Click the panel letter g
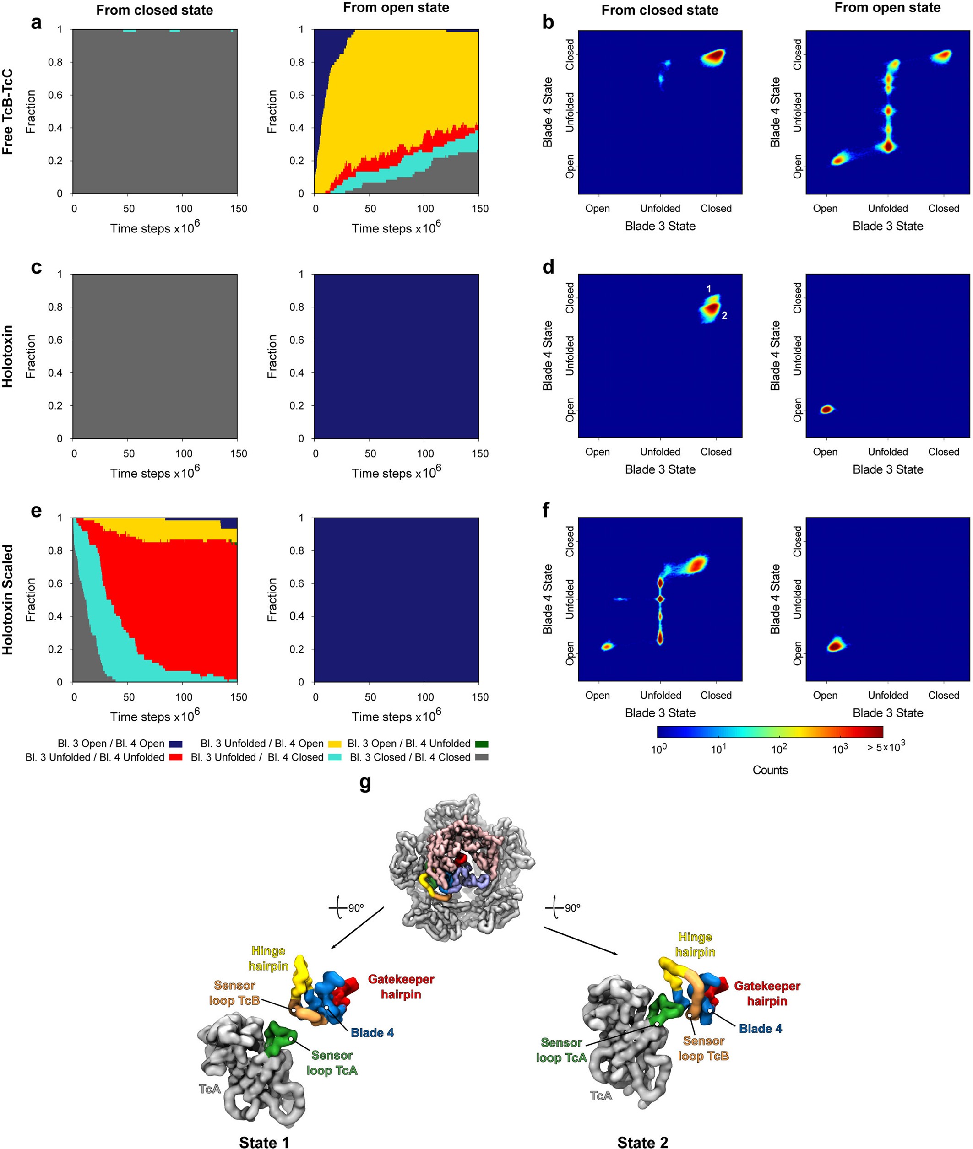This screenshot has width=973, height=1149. [364, 782]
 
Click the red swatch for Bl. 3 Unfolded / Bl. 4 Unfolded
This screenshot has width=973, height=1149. [175, 758]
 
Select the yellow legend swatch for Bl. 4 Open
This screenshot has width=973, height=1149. [335, 744]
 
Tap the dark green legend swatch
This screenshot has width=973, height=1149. [482, 744]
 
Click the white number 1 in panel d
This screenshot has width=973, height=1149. [709, 289]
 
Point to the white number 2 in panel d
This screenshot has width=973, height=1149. [724, 316]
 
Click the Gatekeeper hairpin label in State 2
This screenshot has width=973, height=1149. [766, 993]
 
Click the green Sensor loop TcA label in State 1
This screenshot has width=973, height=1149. [332, 1063]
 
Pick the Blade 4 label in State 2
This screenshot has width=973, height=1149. [760, 1028]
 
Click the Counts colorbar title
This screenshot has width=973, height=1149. [770, 770]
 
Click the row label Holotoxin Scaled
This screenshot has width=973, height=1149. [8, 599]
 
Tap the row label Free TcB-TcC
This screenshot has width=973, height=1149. [8, 111]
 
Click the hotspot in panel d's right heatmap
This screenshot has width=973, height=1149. [826, 409]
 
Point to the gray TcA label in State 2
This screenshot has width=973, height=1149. [601, 1095]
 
